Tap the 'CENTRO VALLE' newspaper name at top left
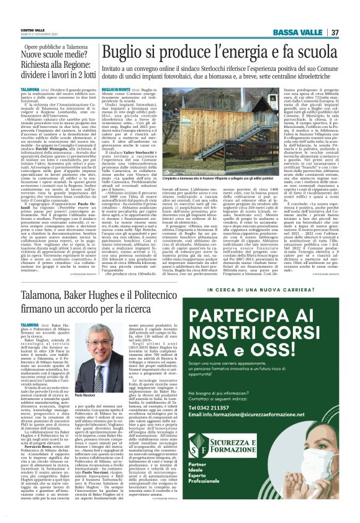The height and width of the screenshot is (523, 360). (x=32, y=12)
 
